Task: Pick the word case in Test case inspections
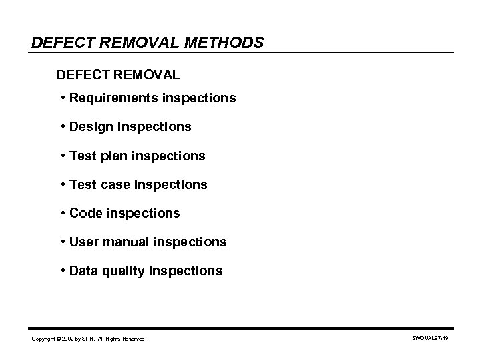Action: [x=114, y=185]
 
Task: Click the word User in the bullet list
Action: [x=84, y=242]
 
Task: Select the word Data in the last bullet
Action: [x=84, y=271]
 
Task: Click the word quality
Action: [x=124, y=271]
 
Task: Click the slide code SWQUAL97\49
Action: [x=429, y=339]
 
